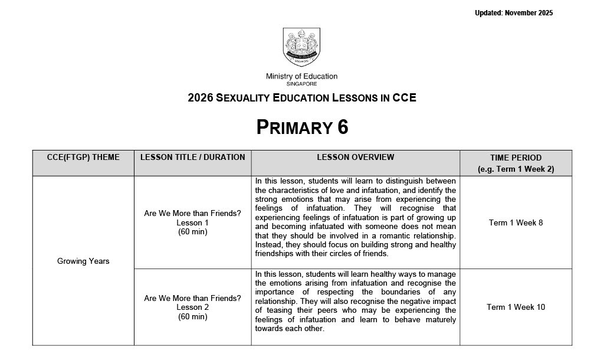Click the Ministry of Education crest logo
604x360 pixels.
301,47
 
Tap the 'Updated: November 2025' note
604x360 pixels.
514,13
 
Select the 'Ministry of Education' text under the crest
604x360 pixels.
301,76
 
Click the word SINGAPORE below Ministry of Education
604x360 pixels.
301,84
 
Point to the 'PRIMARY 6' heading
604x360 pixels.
302,127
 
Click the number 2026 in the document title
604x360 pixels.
200,98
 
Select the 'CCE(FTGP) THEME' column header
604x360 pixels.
83,158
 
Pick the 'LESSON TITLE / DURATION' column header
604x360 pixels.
192,158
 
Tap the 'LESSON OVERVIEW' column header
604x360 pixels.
355,158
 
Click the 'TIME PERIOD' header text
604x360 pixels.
516,158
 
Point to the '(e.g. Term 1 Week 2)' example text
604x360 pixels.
516,169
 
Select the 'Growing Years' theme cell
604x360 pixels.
83,261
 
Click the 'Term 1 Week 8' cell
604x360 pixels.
516,222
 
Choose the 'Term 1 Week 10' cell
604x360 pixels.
516,307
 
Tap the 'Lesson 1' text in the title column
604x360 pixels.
192,222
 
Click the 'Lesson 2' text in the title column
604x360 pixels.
192,307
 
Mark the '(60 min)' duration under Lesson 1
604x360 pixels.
192,232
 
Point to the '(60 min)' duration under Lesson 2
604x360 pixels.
192,317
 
